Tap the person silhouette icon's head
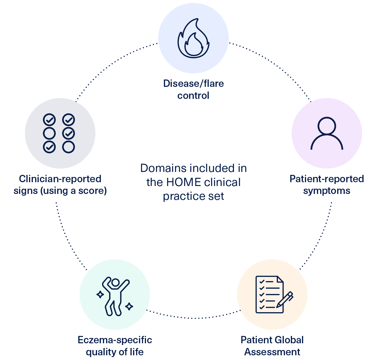pos(327,126)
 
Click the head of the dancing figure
pos(116,283)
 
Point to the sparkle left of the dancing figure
pos(100,294)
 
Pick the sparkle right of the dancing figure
pos(129,307)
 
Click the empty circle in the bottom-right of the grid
pos(69,147)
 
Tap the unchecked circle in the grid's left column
pos(49,133)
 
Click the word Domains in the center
pos(163,168)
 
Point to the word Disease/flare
pos(193,84)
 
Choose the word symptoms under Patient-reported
pos(327,191)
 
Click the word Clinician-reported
pos(60,179)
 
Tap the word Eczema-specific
pos(115,340)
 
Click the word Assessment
pos(272,352)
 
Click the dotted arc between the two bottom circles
pos(193,318)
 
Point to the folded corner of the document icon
pos(280,279)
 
